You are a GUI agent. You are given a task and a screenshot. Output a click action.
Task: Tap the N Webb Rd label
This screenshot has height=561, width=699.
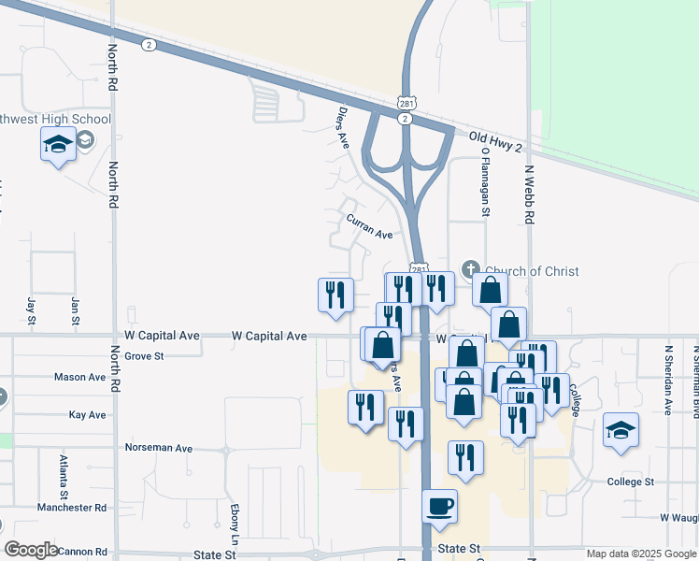tap(529, 195)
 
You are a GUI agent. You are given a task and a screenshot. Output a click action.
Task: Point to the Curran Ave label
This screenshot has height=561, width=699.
tap(369, 227)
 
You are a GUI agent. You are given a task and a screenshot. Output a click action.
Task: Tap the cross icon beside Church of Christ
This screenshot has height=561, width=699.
tap(470, 270)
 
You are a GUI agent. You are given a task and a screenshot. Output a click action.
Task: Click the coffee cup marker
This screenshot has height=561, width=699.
tap(440, 507)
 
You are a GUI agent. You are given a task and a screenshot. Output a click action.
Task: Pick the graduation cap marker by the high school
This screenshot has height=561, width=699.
tap(58, 145)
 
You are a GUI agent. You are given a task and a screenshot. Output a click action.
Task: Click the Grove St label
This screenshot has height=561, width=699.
tap(144, 356)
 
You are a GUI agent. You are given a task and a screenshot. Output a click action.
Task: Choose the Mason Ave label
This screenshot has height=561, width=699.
tap(79, 378)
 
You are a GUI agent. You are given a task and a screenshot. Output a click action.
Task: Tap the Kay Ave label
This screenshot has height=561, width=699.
tap(88, 414)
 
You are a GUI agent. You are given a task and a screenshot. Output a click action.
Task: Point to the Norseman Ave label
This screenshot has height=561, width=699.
tap(159, 448)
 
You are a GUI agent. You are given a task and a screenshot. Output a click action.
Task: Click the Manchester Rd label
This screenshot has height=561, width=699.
tap(72, 508)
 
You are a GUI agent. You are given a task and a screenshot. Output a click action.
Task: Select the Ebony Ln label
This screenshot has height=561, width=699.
tap(235, 525)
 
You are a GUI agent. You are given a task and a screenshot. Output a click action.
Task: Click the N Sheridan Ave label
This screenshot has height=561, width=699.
tap(669, 379)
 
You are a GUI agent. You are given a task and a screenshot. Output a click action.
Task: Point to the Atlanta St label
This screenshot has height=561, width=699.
tap(64, 475)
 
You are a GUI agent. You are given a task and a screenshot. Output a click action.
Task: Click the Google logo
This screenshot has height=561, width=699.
tap(31, 550)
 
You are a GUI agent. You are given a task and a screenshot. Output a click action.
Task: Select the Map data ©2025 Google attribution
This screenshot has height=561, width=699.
tap(642, 554)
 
